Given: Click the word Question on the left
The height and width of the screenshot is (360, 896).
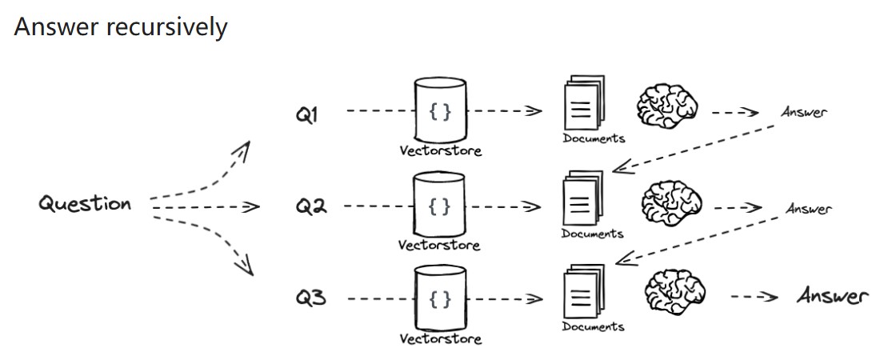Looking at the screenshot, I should (x=85, y=203).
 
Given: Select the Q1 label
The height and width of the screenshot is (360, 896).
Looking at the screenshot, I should (x=306, y=115).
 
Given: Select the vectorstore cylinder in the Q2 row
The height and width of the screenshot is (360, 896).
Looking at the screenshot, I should (x=440, y=205).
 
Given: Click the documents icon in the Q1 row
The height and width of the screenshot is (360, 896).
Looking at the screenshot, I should (x=583, y=104).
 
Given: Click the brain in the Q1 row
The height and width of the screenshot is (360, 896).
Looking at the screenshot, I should (x=668, y=105).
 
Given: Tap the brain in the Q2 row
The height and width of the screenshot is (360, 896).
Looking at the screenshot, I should (x=672, y=201).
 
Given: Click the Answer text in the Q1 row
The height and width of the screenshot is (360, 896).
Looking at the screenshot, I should (x=803, y=112).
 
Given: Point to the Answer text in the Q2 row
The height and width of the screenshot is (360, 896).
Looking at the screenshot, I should (x=808, y=209).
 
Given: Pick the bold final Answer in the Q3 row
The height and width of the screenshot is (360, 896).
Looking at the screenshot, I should (x=832, y=297).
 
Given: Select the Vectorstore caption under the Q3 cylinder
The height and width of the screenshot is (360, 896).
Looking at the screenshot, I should (x=441, y=339).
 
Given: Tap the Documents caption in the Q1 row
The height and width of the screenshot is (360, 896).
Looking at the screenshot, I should (x=594, y=138).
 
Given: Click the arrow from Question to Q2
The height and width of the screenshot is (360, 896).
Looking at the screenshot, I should (x=204, y=207).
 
